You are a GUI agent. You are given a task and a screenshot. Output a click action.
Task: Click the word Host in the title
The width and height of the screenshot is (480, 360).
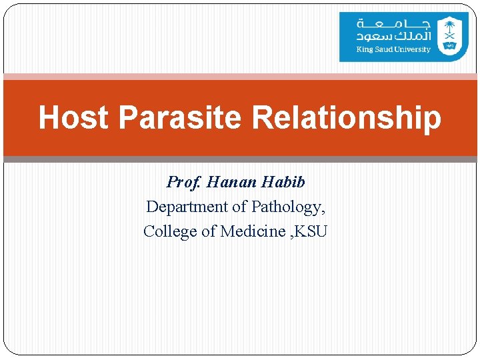[x=73, y=117]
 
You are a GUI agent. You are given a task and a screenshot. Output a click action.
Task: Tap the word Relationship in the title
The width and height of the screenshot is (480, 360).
[x=347, y=117]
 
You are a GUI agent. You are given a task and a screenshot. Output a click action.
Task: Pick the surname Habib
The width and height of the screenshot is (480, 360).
[x=283, y=182]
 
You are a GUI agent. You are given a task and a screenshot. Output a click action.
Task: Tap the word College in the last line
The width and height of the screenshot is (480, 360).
[x=169, y=231]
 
